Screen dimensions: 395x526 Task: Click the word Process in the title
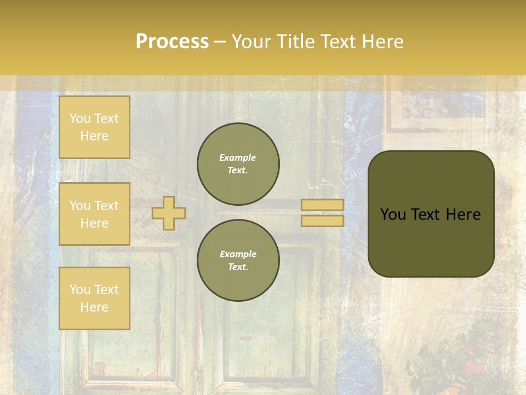coord(172,42)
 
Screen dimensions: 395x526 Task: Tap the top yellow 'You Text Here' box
coord(94,127)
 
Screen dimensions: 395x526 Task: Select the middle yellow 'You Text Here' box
coord(94,214)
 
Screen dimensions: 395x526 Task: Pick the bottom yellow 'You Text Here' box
coord(94,298)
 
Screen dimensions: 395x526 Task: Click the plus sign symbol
coord(169,213)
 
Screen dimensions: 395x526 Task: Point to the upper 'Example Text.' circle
coord(238,164)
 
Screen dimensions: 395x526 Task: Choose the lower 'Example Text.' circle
coord(238,261)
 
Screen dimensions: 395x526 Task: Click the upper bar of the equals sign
coord(323,205)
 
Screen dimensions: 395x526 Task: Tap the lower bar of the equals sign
coord(323,221)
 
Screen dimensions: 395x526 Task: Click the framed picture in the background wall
coord(442,107)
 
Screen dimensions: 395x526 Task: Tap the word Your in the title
coord(252,42)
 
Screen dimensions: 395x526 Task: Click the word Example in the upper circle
coord(238,157)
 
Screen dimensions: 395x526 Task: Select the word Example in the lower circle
coord(238,254)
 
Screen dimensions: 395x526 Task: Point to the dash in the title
coord(220,42)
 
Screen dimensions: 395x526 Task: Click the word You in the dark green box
coord(393,215)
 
